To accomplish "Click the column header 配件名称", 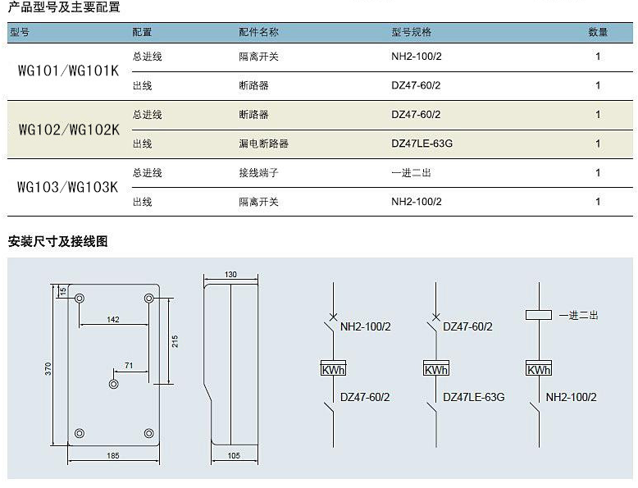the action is tap(258, 32).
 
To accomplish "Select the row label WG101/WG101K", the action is tap(68, 71).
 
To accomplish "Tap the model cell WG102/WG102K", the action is tap(69, 130).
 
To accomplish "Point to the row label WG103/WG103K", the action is tap(67, 187).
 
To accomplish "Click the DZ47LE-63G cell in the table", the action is tap(422, 144).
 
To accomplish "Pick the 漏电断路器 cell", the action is tap(264, 144).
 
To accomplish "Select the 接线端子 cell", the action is tap(258, 173).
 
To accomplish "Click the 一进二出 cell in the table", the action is tap(411, 173).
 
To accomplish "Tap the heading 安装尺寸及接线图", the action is tap(57, 241).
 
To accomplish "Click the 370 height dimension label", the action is tap(48, 369).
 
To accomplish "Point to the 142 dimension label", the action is tap(113, 320).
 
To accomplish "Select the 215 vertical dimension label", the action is tap(175, 341).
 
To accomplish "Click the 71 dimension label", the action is tap(129, 366).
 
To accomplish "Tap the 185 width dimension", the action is tap(113, 455).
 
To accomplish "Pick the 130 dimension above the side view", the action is tap(230, 274).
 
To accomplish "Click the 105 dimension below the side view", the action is tap(234, 455).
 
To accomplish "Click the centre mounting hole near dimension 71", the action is tap(114, 384).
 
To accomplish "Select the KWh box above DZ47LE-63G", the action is tap(436, 368).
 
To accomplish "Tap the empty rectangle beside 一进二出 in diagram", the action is tap(539, 315).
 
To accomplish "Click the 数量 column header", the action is tap(598, 32).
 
